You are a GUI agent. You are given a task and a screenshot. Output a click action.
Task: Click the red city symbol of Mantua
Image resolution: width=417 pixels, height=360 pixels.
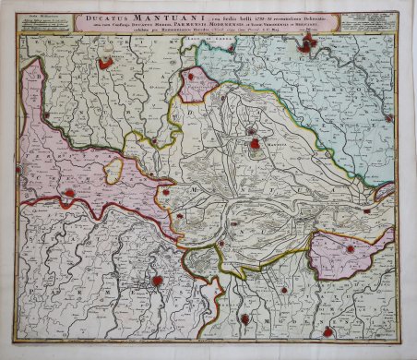(252, 144)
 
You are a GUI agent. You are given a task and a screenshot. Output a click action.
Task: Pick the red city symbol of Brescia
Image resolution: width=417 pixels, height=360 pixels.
(106, 63)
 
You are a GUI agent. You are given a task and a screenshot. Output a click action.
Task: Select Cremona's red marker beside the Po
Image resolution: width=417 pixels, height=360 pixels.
(68, 195)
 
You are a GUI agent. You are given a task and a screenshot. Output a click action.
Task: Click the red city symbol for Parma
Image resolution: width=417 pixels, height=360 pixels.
(158, 281)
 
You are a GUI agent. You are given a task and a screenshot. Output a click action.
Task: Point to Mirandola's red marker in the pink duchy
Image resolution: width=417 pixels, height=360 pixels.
(350, 248)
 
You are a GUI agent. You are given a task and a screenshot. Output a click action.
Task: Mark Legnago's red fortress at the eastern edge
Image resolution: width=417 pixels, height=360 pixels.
(388, 118)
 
